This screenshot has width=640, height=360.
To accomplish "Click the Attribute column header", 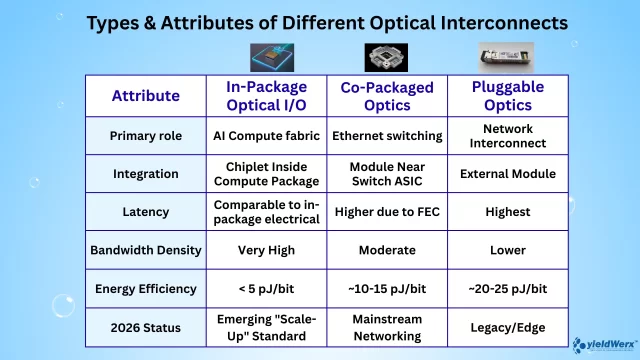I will coord(146,96).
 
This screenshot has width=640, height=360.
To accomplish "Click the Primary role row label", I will coord(146,136).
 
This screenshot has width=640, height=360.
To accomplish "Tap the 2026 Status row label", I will coord(146,326).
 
